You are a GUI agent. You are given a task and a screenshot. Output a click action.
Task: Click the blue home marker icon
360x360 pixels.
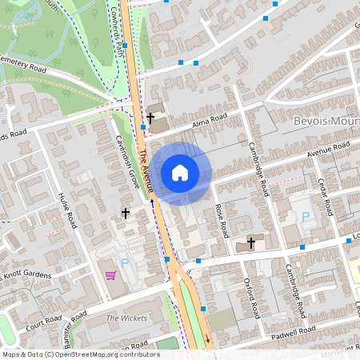pyautogui.click(x=180, y=172)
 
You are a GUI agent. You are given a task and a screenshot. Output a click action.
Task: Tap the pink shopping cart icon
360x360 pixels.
pyautogui.click(x=110, y=275)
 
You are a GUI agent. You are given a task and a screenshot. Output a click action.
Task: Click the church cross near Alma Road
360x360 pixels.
pyautogui.click(x=150, y=118)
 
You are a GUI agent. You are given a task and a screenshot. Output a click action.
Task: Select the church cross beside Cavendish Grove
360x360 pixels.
pyautogui.click(x=125, y=213)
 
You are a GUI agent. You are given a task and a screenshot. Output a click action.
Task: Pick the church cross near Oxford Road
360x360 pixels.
pyautogui.click(x=250, y=242)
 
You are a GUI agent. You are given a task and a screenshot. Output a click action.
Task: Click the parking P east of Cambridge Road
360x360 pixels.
pyautogui.click(x=304, y=217)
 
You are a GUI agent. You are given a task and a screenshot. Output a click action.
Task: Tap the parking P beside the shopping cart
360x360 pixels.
pyautogui.click(x=124, y=263)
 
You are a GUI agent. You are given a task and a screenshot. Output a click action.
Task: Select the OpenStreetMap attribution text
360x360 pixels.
pyautogui.click(x=80, y=354)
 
